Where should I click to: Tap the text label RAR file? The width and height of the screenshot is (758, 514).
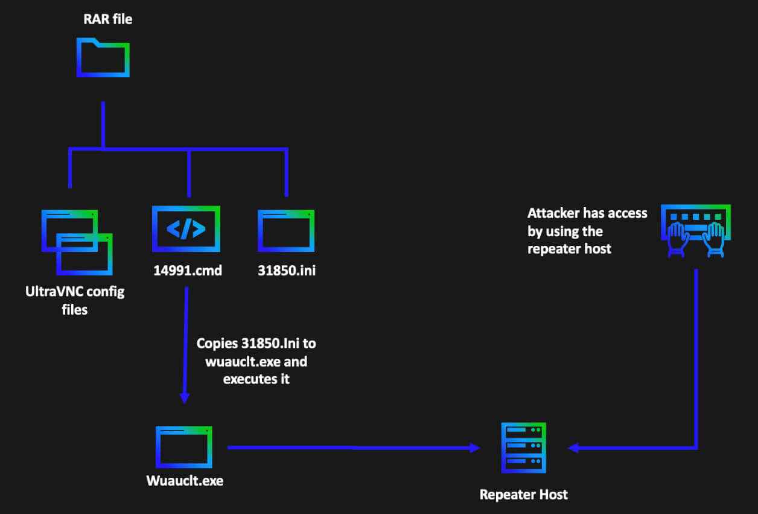[107, 19]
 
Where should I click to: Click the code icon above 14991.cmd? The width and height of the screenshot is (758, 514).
[186, 229]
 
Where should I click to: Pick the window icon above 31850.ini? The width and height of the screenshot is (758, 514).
[286, 230]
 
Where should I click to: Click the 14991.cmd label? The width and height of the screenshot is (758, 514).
[188, 271]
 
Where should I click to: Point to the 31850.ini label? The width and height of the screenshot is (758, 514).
[287, 271]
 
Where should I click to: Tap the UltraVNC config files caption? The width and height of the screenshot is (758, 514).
[74, 301]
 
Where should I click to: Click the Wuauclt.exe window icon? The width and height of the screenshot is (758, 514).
[185, 448]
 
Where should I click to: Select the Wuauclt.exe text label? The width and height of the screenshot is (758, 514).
[185, 481]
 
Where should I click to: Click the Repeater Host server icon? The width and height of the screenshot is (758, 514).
[523, 448]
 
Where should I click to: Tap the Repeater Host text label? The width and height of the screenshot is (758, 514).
[523, 495]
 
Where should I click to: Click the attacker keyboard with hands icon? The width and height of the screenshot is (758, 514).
[695, 231]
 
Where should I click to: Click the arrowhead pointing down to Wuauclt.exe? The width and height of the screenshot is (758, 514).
[185, 399]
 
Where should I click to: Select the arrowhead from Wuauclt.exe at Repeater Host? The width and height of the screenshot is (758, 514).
[475, 448]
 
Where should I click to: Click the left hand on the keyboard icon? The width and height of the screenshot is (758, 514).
[677, 238]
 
